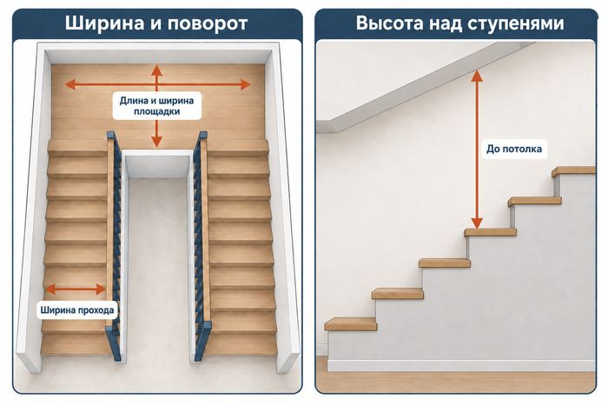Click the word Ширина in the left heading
coord(104,23)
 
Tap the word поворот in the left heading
coord(208,24)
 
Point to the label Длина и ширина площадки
coord(156,106)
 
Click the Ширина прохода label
coord(77,310)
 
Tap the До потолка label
coord(514,149)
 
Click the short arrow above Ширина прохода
coord(76,290)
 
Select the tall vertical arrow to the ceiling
coord(477,150)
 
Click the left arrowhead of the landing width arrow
coord(69,84)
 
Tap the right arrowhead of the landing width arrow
coord(246,84)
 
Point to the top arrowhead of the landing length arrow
coord(156,70)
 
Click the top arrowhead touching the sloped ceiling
coord(477,76)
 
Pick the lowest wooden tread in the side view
coord(351,323)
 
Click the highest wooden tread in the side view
coord(574,171)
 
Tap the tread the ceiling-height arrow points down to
coord(490,232)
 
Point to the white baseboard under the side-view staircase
coord(461,366)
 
